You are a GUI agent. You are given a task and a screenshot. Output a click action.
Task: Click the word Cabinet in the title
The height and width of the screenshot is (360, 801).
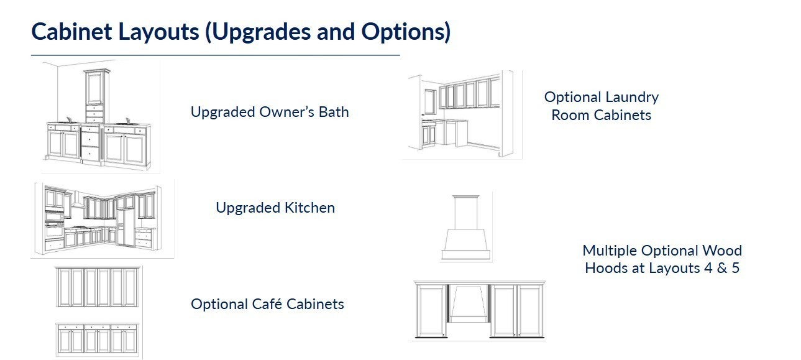click(72, 32)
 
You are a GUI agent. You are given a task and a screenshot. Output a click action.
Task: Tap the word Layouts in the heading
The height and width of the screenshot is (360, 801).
click(158, 32)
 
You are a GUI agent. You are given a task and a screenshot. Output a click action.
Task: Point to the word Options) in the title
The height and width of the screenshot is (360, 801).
click(406, 32)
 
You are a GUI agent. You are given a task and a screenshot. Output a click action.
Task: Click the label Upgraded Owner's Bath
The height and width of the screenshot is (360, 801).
click(270, 112)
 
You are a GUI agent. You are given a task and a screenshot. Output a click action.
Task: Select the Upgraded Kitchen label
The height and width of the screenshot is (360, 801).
click(275, 208)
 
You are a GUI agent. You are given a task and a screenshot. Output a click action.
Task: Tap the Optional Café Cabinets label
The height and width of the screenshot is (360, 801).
click(267, 304)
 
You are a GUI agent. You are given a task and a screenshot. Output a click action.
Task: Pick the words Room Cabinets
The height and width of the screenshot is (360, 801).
click(601, 115)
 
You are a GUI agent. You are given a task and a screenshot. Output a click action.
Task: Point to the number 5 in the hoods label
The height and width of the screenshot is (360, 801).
click(735, 268)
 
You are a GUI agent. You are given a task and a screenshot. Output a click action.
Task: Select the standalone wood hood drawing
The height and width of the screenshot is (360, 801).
click(465, 228)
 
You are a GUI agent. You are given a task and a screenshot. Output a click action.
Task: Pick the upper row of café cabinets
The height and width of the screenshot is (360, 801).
click(97, 287)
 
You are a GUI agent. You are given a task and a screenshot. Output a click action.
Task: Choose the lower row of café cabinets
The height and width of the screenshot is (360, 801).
click(97, 338)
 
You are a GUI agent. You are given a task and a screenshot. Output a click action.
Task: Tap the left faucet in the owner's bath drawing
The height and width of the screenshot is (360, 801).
click(68, 119)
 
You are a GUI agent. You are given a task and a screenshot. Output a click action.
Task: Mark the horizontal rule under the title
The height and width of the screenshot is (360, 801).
click(215, 55)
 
